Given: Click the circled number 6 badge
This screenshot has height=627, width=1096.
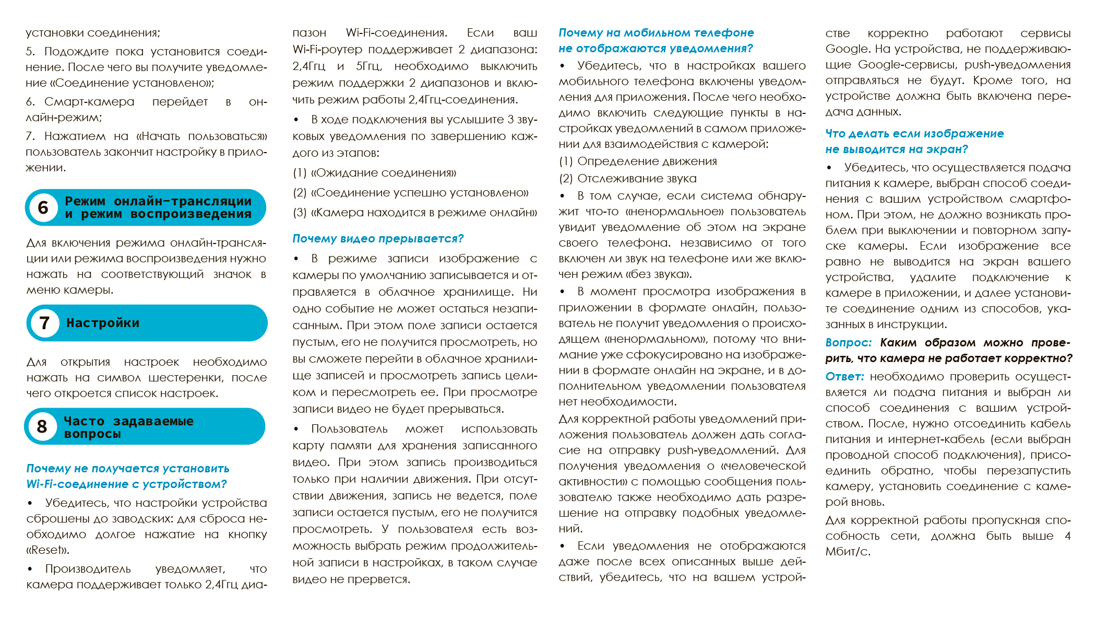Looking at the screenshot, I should [x=43, y=207].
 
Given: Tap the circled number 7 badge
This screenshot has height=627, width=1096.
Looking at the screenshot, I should [x=45, y=323].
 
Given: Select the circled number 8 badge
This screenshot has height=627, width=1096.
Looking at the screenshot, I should [x=42, y=426].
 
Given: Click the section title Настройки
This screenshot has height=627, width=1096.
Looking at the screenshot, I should [x=103, y=323].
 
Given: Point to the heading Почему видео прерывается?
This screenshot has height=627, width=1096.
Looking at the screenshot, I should [x=378, y=239].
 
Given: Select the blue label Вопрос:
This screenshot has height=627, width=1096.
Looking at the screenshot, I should [x=848, y=343].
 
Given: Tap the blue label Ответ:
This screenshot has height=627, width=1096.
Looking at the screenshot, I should [x=844, y=377].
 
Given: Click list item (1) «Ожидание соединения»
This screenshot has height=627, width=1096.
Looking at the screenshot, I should [x=374, y=173].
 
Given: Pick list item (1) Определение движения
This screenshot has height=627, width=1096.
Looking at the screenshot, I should [x=637, y=161].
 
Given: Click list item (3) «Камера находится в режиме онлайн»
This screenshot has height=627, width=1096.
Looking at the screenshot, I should [x=414, y=213].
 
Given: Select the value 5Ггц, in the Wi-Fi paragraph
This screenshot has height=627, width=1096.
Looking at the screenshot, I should [x=369, y=66].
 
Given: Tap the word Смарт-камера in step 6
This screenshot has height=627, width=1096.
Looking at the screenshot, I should [x=89, y=102].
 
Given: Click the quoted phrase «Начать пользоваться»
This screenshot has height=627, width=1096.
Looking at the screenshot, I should [x=201, y=136].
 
